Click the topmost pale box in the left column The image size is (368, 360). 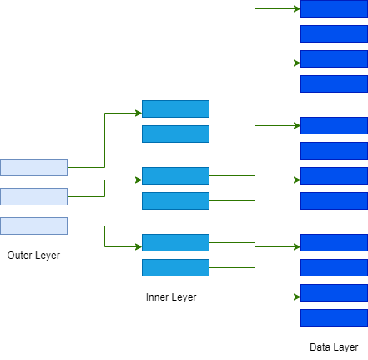point(33,167)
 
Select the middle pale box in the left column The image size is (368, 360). point(33,196)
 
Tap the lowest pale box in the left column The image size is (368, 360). point(33,226)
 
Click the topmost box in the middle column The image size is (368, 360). point(175,109)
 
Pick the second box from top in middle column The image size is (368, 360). point(175,134)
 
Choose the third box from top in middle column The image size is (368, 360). point(175,175)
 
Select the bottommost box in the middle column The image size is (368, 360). point(175,267)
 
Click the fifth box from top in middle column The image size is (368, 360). point(175,242)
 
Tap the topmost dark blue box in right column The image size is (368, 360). point(334,8)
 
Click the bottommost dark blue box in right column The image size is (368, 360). point(334,317)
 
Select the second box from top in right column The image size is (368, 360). point(334,33)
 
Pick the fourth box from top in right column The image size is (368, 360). point(334,84)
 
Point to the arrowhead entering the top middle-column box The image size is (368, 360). point(139,113)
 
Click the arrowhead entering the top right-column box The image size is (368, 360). point(297,9)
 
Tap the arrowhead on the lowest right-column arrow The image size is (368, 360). point(297,297)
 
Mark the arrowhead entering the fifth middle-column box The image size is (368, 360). point(139,246)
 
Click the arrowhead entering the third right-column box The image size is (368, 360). point(297,63)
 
